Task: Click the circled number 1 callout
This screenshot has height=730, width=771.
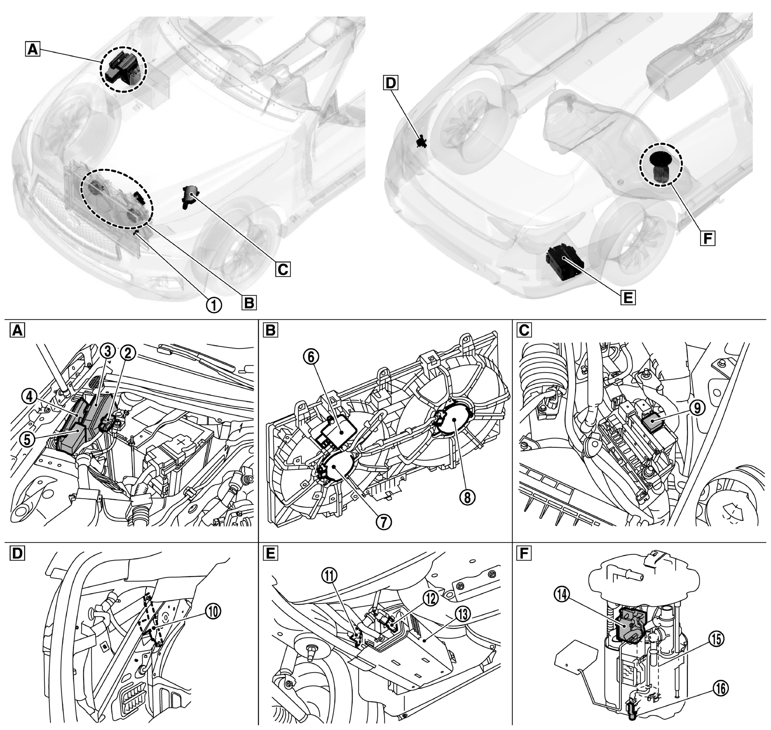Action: tap(214, 305)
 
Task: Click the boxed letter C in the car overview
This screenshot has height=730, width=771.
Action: tap(283, 268)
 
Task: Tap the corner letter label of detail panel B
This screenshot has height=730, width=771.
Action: tap(271, 330)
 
